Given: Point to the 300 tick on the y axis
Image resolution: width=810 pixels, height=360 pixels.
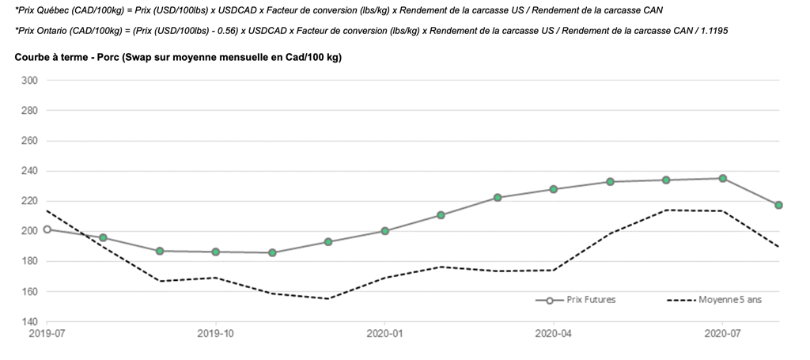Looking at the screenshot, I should pos(30,81).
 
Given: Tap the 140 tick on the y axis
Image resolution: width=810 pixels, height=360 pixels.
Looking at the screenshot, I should pos(30,322).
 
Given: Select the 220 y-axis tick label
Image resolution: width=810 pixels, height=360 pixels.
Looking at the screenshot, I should pos(30,201).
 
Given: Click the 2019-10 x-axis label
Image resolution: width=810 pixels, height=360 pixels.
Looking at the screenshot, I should pos(216,335).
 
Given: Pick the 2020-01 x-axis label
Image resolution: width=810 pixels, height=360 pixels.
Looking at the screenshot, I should pos(384,335).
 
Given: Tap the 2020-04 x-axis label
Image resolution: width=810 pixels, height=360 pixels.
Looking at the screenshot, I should pos(554,335).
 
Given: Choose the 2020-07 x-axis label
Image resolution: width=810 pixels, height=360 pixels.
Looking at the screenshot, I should pos(722,335).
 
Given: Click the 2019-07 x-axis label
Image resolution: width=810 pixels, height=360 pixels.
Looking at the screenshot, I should pos(47,335).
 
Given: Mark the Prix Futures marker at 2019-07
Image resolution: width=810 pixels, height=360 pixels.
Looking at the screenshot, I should pos(47,229).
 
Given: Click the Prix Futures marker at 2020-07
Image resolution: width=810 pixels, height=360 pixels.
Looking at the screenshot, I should pos(722,178).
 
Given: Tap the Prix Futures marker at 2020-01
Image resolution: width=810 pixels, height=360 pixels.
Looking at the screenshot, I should pos(384,231).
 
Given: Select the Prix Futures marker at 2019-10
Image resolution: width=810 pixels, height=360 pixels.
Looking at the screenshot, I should pos(216,252).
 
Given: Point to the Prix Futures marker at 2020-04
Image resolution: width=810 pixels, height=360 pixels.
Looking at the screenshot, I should pos(554,189).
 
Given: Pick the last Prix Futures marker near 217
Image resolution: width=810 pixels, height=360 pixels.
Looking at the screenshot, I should pos(778,205).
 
